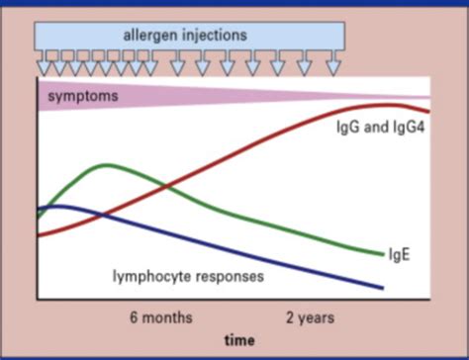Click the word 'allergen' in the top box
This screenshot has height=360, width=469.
pos(151,36)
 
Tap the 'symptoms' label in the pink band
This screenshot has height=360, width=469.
pos(83,96)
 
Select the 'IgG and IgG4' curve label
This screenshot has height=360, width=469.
pos(374,129)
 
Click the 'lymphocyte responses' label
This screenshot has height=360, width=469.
pos(187,276)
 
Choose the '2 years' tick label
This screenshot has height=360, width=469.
pos(310,318)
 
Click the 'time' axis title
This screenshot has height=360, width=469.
pos(238,340)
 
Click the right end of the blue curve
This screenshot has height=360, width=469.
pos(382,288)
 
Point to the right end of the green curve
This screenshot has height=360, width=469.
pos(381,254)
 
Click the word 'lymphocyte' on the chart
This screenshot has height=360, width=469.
pos(150,276)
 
